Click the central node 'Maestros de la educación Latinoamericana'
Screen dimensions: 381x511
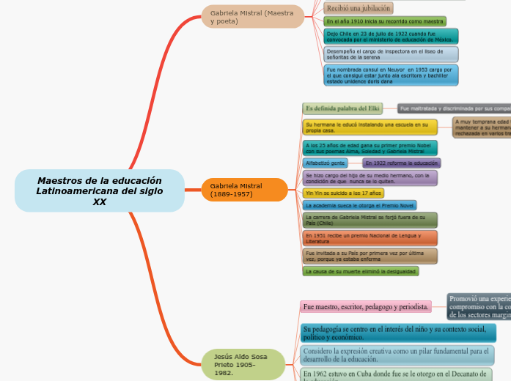click(x=100, y=190)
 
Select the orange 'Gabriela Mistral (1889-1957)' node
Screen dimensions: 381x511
click(x=245, y=190)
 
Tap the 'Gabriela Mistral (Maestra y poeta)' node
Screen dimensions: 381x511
click(x=253, y=16)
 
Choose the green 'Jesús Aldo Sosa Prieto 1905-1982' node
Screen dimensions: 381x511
click(x=243, y=364)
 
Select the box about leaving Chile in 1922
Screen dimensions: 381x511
click(x=391, y=37)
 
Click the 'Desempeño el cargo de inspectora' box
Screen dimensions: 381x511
click(x=391, y=54)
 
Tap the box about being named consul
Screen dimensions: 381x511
click(x=391, y=75)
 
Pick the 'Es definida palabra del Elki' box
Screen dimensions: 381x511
click(x=342, y=108)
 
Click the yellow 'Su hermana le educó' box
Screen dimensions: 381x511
click(x=370, y=127)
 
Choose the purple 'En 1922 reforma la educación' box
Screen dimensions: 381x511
click(x=401, y=163)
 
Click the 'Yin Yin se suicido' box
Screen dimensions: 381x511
click(x=343, y=193)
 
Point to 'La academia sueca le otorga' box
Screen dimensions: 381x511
click(x=359, y=206)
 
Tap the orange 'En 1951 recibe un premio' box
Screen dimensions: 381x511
click(x=370, y=238)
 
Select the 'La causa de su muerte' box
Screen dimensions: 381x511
click(x=361, y=271)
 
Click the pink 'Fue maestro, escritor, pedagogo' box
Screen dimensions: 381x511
click(x=366, y=307)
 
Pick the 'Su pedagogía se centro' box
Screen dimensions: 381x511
click(x=397, y=333)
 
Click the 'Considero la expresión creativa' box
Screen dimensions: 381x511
click(x=397, y=355)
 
